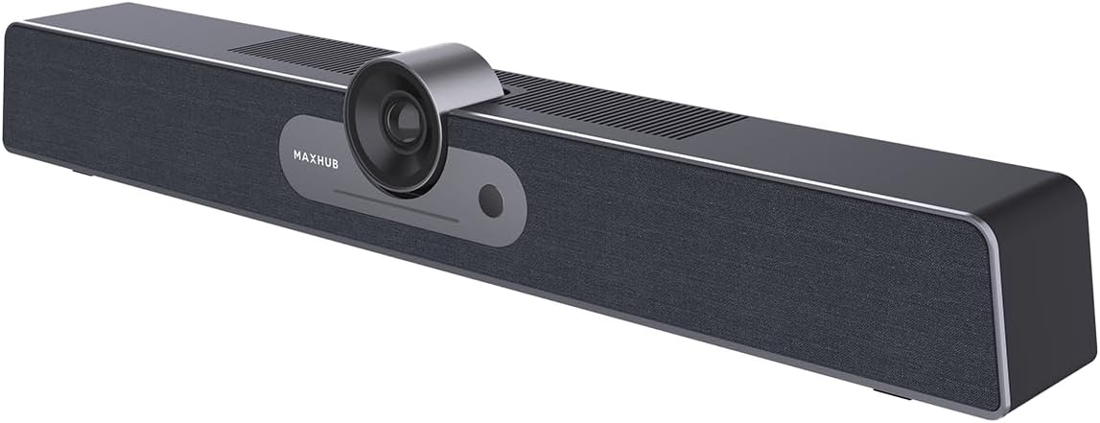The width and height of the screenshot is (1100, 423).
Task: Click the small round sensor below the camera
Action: coord(491,200)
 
